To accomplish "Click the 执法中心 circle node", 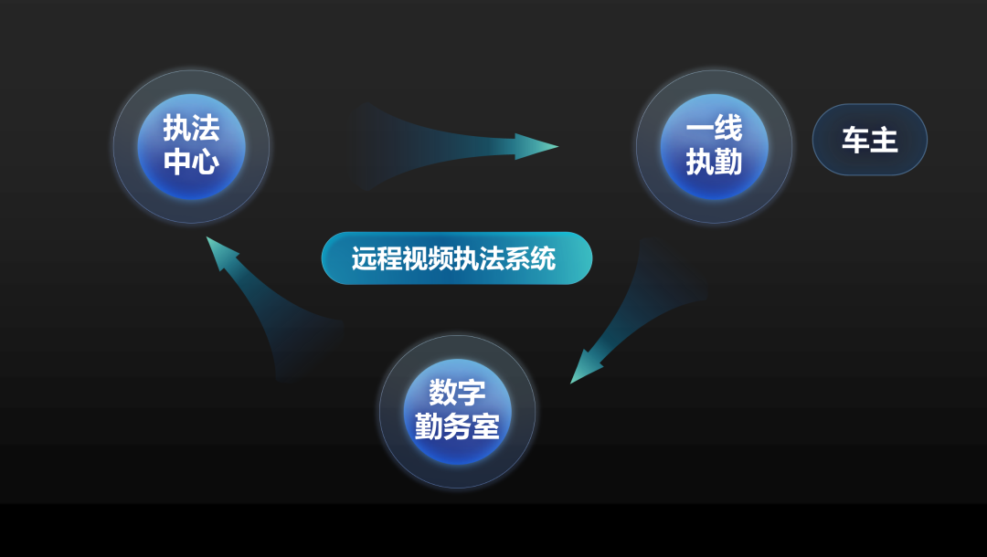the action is (x=191, y=146).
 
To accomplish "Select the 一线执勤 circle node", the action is (x=714, y=146).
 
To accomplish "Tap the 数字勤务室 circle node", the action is (x=457, y=411).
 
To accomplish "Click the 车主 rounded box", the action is (x=869, y=141).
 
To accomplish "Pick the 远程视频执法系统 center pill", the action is (x=456, y=258).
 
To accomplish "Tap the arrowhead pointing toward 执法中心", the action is (x=220, y=252).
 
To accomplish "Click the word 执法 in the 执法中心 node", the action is (x=191, y=128).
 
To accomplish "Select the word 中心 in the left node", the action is (x=191, y=163).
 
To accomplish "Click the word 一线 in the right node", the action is (x=714, y=128).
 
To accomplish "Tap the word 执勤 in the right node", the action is (x=714, y=163).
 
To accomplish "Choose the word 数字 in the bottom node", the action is (x=457, y=393).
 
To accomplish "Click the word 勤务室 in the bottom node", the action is (x=457, y=426).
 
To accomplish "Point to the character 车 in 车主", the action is (x=855, y=141).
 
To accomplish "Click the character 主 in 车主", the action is (x=884, y=141).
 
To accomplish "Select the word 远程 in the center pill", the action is (x=377, y=258).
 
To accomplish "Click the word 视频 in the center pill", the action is (x=429, y=258).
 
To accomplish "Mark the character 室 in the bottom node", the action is (x=485, y=426).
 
